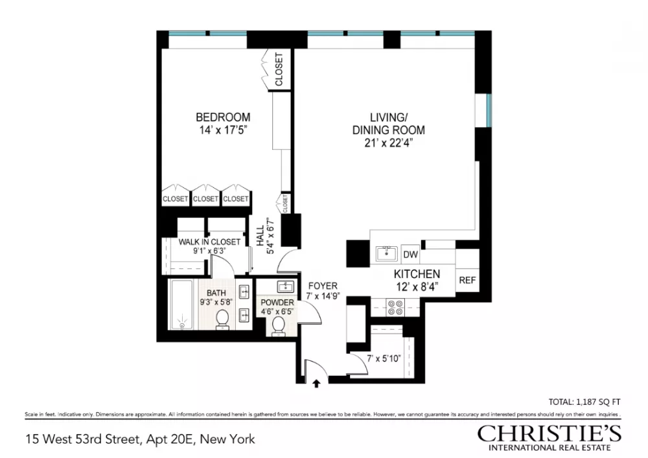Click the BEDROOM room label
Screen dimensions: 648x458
tap(223, 117)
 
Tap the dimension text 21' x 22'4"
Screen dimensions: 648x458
tap(388, 143)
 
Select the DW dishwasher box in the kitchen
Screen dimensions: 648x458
tap(410, 254)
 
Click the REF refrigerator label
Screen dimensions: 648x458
tap(467, 281)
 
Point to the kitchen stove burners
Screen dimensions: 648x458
tap(395, 308)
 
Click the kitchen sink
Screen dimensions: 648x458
tap(386, 253)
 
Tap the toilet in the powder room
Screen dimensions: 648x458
tap(278, 326)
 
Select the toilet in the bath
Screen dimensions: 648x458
tap(223, 319)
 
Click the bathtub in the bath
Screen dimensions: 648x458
tap(182, 305)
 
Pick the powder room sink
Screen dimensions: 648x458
tap(286, 286)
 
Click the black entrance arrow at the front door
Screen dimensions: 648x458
tap(317, 384)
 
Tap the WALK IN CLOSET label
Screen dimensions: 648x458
tap(209, 242)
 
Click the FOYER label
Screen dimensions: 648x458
tap(323, 286)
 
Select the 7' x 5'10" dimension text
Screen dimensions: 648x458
tap(384, 358)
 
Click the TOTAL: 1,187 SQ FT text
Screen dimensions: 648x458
tap(584, 402)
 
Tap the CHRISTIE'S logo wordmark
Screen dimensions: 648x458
tap(550, 433)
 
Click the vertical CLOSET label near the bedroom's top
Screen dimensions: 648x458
tap(279, 69)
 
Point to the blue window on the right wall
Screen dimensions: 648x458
tap(489, 110)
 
